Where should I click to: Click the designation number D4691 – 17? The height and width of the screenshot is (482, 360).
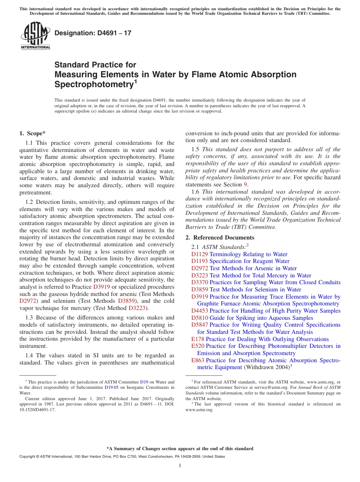point(93,33)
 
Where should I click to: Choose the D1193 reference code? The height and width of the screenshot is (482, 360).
point(199,261)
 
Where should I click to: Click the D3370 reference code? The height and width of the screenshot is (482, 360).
point(199,282)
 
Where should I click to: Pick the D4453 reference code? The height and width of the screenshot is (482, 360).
point(199,311)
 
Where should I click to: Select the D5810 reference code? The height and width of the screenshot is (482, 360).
point(199,318)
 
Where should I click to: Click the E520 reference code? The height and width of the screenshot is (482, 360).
point(198,346)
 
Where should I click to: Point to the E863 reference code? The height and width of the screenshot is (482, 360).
point(198,360)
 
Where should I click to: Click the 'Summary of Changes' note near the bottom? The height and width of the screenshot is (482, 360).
point(180,449)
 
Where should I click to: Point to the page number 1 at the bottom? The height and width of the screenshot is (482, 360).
point(180,466)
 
